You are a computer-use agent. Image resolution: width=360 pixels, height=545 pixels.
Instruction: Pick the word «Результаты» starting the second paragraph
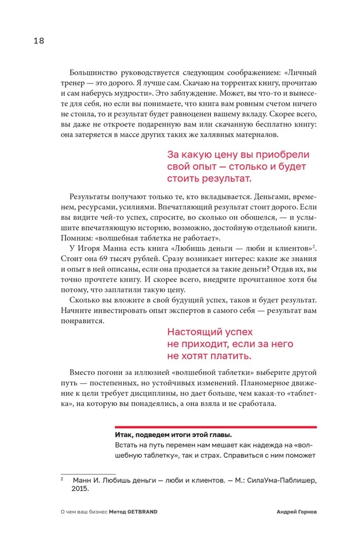(x=92, y=196)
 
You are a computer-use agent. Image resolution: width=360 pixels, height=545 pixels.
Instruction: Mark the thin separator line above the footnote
(x=88, y=474)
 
